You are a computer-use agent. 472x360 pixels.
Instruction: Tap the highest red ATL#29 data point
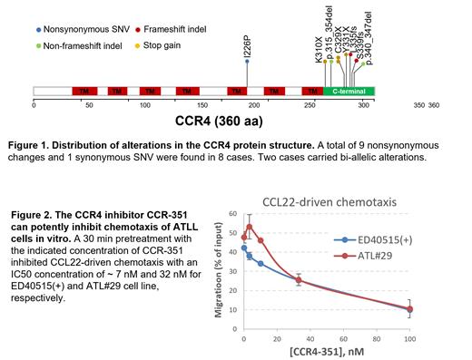point(249,227)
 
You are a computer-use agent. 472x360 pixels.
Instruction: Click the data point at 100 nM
point(409,308)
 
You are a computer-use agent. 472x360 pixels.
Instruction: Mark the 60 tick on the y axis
point(234,215)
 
